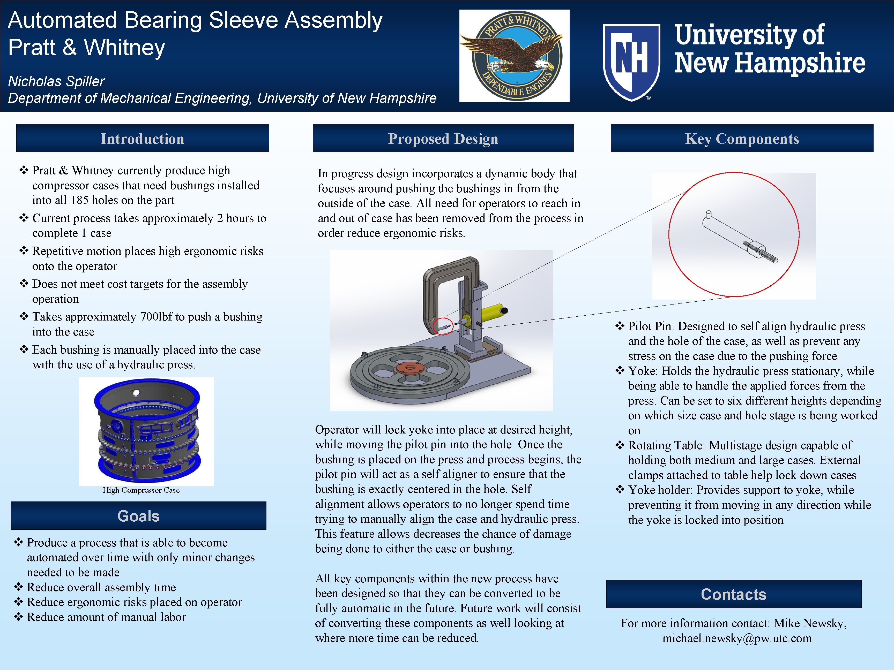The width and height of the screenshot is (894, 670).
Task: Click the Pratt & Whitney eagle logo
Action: [x=514, y=56]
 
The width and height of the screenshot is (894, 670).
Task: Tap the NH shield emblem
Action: [x=631, y=61]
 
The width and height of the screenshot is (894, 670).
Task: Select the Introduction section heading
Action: [x=142, y=139]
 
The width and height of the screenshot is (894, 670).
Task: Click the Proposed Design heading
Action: [x=443, y=139]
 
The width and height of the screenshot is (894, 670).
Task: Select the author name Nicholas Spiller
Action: [x=57, y=81]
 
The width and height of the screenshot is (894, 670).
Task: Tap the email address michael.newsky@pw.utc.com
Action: [x=737, y=638]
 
